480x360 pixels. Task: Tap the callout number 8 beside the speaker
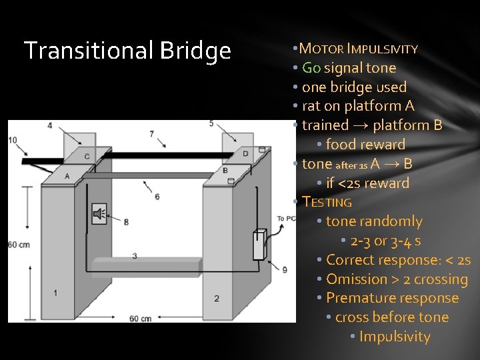126,221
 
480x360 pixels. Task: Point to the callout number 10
13,139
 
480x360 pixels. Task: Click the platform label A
67,175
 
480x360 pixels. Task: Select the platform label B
225,170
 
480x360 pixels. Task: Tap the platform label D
245,154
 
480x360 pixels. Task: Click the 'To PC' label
286,219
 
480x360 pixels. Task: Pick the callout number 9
285,269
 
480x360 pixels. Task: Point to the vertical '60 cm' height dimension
19,245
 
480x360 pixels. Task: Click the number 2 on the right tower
217,298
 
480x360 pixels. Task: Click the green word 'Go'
311,68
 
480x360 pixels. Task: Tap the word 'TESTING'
327,202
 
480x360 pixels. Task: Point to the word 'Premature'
359,298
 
